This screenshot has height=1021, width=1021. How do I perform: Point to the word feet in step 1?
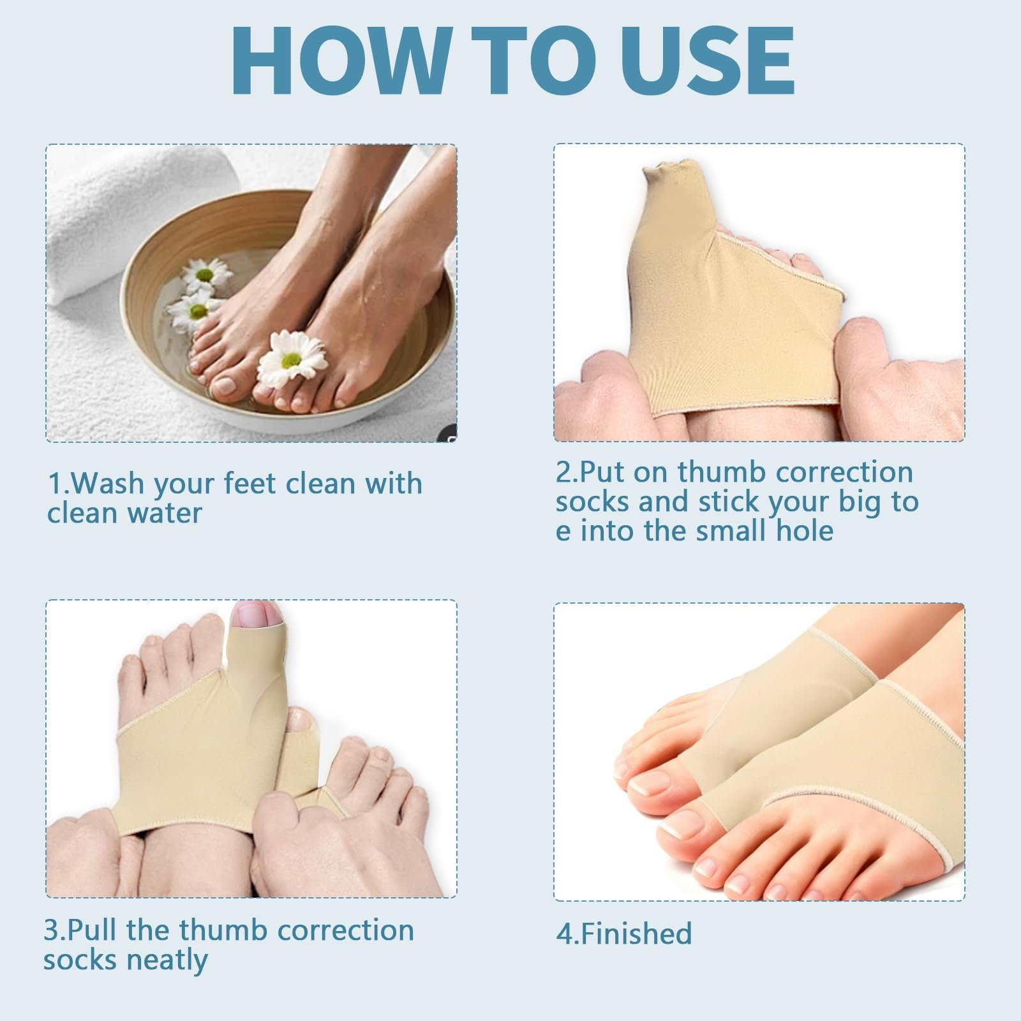coord(251,484)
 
